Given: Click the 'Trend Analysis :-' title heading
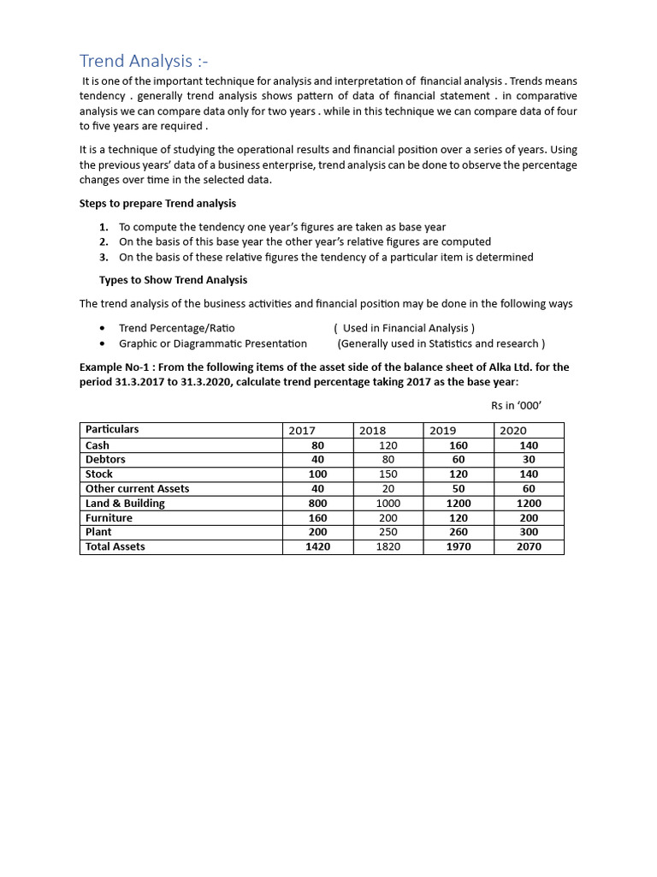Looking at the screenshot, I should pyautogui.click(x=144, y=61).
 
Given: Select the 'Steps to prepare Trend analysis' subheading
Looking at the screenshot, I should pyautogui.click(x=157, y=204).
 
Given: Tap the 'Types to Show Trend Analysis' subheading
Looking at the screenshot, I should pyautogui.click(x=173, y=281).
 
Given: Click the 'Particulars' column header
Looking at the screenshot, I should pyautogui.click(x=112, y=430).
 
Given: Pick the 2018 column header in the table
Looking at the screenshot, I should pyautogui.click(x=372, y=431).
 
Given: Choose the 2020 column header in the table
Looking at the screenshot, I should pyautogui.click(x=513, y=431).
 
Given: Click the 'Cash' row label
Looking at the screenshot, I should pyautogui.click(x=98, y=445).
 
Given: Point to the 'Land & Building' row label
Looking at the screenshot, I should pyautogui.click(x=125, y=504).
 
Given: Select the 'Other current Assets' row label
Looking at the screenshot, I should pyautogui.click(x=137, y=489).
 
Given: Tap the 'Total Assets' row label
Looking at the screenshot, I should pyautogui.click(x=115, y=546).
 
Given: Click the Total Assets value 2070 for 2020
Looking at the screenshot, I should pyautogui.click(x=529, y=546).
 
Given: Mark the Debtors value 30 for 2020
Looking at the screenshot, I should pyautogui.click(x=529, y=460).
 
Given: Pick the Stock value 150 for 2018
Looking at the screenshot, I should pyautogui.click(x=388, y=474).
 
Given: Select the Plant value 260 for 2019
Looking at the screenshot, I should pyautogui.click(x=459, y=532).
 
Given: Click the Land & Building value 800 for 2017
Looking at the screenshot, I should pyautogui.click(x=318, y=504).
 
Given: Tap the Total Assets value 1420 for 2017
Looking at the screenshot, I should pyautogui.click(x=318, y=546).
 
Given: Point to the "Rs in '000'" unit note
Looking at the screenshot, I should pyautogui.click(x=517, y=406).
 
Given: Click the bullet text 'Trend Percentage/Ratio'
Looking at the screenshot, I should pyautogui.click(x=177, y=328).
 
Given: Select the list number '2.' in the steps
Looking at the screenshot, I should pyautogui.click(x=104, y=242).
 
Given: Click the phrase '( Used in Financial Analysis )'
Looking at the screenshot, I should pyautogui.click(x=404, y=328).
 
